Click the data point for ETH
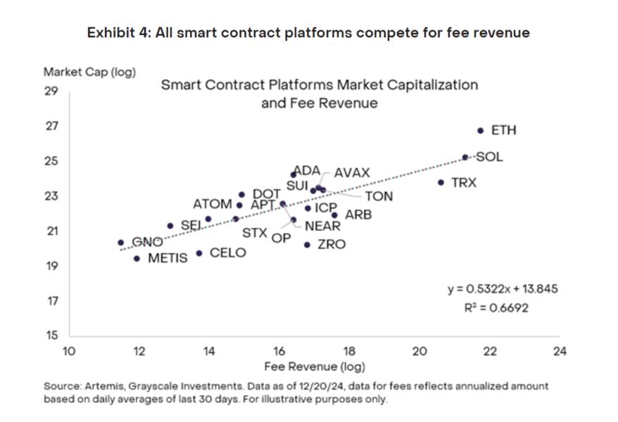pyautogui.click(x=480, y=130)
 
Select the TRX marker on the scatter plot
pyautogui.click(x=441, y=182)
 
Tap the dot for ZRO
pyautogui.click(x=307, y=245)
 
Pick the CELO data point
pyautogui.click(x=199, y=253)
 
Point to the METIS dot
pyautogui.click(x=137, y=258)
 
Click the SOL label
pyautogui.click(x=489, y=157)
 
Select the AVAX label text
pyautogui.click(x=351, y=173)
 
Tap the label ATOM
pyautogui.click(x=212, y=204)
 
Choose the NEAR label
pyautogui.click(x=322, y=226)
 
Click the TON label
pyautogui.click(x=379, y=197)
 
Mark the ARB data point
pyautogui.click(x=334, y=215)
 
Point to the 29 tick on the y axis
pyautogui.click(x=51, y=91)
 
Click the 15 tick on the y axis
pyautogui.click(x=51, y=335)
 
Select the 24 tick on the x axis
pyautogui.click(x=560, y=351)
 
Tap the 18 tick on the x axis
pyautogui.click(x=349, y=351)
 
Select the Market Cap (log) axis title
pyautogui.click(x=89, y=72)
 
